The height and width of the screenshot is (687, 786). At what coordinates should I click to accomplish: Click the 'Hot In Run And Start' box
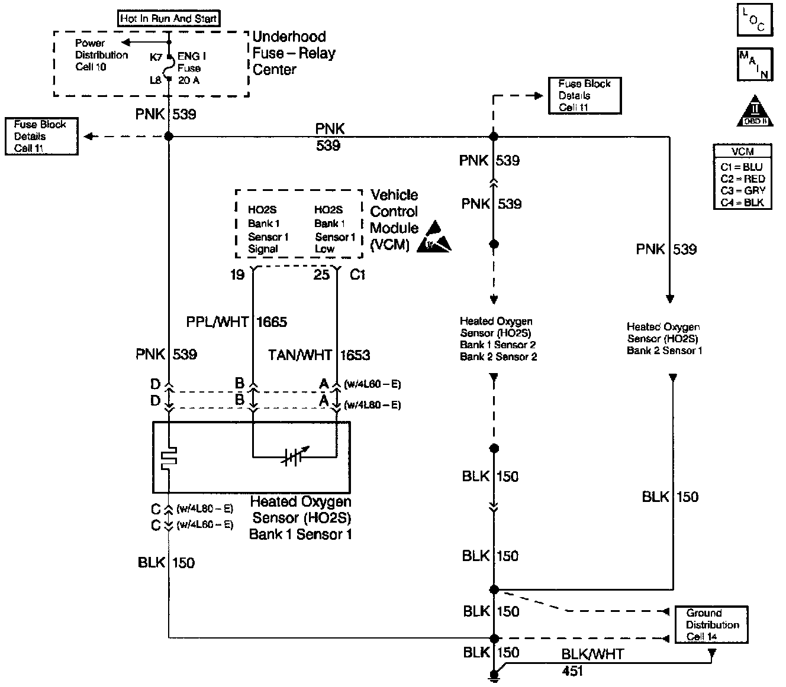pyautogui.click(x=168, y=18)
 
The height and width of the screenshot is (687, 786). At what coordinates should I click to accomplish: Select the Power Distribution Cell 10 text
pyautogui.click(x=101, y=55)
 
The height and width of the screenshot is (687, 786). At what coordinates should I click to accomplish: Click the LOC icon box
pyautogui.click(x=755, y=20)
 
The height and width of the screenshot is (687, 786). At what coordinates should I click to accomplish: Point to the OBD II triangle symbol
pyautogui.click(x=755, y=111)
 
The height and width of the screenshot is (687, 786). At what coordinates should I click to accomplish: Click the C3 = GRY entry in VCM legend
pyautogui.click(x=743, y=190)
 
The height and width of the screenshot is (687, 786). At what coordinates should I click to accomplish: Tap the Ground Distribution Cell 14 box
pyautogui.click(x=711, y=625)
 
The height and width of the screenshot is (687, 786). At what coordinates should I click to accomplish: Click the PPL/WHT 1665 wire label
pyautogui.click(x=237, y=322)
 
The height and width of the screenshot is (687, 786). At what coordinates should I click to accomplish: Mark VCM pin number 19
pyautogui.click(x=237, y=275)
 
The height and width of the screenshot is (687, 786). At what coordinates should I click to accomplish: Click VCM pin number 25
pyautogui.click(x=321, y=275)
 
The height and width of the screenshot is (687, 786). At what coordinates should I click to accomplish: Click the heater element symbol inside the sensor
pyautogui.click(x=169, y=458)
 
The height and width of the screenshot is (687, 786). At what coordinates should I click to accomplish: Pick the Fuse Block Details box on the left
pyautogui.click(x=40, y=137)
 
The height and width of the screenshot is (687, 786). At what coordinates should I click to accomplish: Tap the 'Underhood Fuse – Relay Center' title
pyautogui.click(x=294, y=53)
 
